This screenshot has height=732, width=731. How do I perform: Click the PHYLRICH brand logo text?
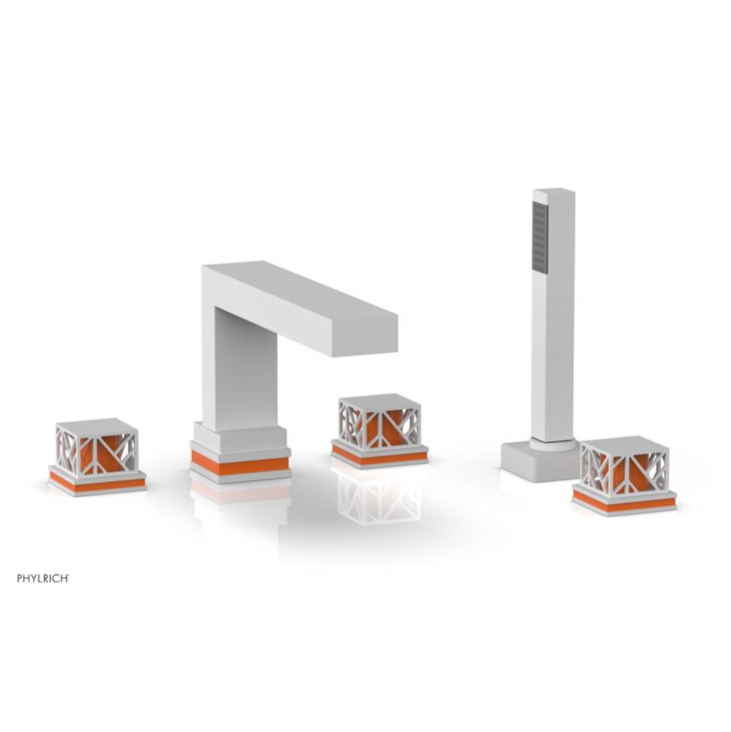coord(43,578)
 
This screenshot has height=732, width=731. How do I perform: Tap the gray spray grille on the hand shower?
coord(540,237)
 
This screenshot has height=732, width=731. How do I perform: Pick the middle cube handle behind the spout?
coord(379,422)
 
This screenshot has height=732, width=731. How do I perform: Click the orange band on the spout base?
coord(239,463)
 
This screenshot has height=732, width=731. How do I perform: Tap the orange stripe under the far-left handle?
coord(97,484)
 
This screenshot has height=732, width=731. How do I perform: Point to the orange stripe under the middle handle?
coord(379,457)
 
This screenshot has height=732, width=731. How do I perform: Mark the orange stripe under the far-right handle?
coord(623,502)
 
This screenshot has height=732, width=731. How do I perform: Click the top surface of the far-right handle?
coord(623,443)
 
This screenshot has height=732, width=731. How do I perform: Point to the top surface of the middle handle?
coord(379,400)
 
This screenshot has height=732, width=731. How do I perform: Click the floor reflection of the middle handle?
coord(379,498)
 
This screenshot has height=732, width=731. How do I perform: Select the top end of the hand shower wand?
coord(554,193)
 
